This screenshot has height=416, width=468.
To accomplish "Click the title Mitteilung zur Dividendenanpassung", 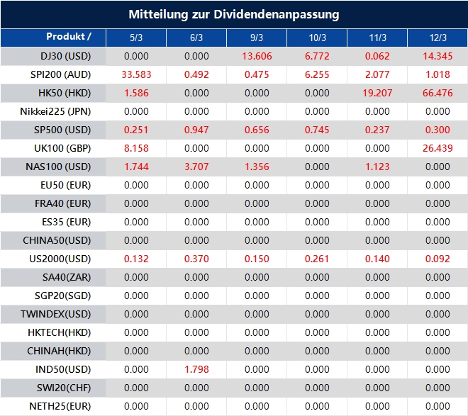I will point(234,14).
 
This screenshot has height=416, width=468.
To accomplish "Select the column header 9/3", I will point(257,38).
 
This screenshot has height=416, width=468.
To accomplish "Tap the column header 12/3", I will point(438,38).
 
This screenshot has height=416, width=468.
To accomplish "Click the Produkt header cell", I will point(69,37).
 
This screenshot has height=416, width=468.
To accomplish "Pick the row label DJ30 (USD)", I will point(66,56).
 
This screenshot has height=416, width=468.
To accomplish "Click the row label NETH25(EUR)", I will point(60,406).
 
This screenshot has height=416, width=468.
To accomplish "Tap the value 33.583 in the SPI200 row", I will point(136,74).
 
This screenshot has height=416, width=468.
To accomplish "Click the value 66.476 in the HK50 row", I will point(438,93).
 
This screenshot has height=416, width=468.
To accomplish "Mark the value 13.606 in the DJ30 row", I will point(257,56).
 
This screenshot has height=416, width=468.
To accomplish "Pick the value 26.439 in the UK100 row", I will point(438,148).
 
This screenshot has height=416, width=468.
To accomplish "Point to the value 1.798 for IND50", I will point(196,369).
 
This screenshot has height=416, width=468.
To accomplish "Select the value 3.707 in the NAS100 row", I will point(196,167).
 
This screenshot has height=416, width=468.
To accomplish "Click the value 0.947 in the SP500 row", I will point(196,130).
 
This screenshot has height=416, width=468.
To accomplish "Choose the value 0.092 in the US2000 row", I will point(438,259).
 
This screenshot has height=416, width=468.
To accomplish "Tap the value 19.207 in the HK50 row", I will point(377,93).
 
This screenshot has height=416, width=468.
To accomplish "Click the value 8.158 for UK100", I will point(136,148).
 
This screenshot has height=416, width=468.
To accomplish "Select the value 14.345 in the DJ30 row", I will point(438,56).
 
